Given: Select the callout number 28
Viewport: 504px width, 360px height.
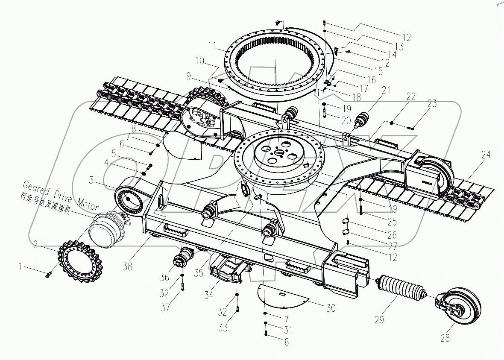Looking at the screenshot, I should (x=445, y=338).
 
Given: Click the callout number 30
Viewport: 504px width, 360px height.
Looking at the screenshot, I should (x=331, y=308).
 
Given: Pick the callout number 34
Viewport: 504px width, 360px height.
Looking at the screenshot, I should (x=209, y=294).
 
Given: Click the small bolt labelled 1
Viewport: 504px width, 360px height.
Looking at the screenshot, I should (x=48, y=275).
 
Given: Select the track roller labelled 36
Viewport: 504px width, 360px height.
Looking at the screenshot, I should (x=181, y=260).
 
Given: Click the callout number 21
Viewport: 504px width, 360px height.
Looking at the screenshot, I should (x=387, y=90).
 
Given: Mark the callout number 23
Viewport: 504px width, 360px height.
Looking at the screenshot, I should (x=432, y=103).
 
